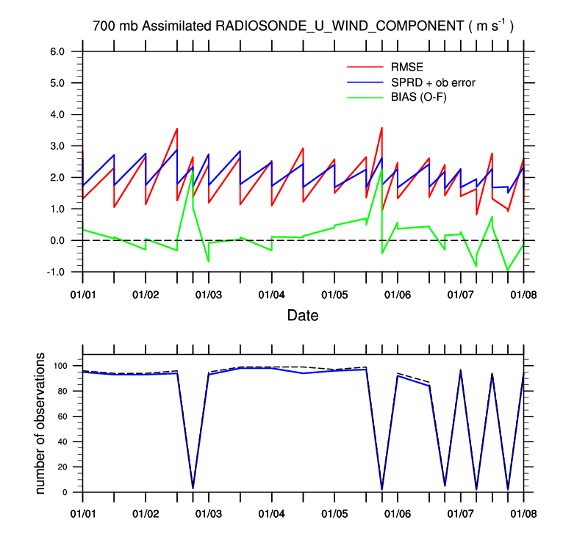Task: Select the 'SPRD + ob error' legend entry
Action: (x=433, y=82)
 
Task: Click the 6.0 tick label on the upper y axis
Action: (x=58, y=52)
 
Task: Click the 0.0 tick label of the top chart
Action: (x=58, y=241)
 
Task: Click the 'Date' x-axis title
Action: (x=303, y=316)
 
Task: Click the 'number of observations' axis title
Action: (x=42, y=424)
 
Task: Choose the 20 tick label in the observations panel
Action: (x=62, y=467)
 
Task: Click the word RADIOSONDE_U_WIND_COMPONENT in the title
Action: (x=340, y=26)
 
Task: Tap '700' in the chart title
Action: (x=103, y=26)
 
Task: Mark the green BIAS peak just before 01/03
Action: (x=193, y=170)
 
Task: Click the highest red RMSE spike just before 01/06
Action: (x=381, y=128)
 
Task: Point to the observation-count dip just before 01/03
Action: (x=193, y=487)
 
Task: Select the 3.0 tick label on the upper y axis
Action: (x=58, y=146)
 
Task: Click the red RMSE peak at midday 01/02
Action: (x=177, y=129)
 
